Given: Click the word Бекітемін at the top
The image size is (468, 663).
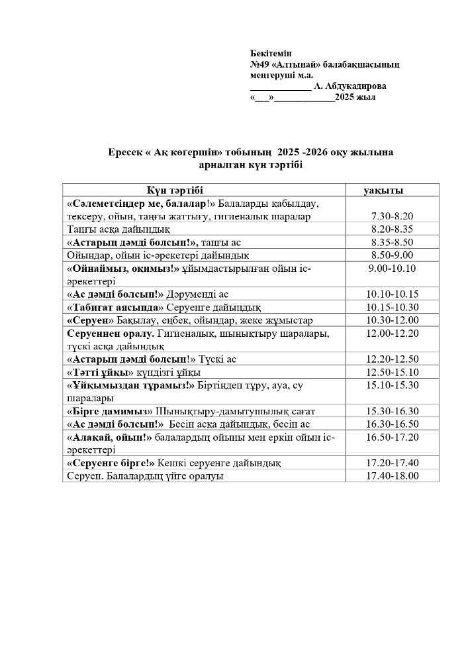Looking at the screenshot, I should point(271,52).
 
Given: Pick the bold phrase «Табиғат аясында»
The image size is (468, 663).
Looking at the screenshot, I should point(115,307).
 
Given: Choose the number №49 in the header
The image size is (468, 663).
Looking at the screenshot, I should point(258,64).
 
